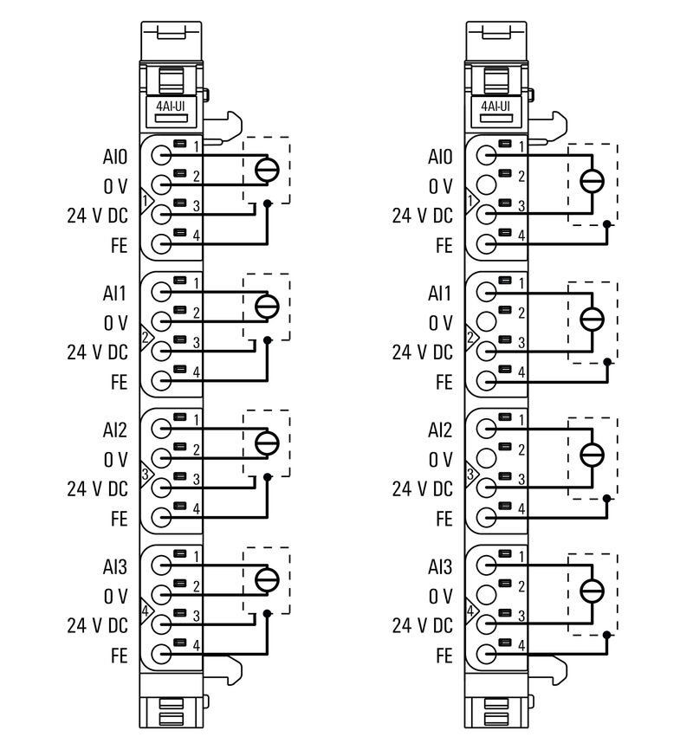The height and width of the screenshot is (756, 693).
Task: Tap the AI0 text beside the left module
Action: click(x=114, y=158)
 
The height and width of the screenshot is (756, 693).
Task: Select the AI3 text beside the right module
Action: click(x=440, y=567)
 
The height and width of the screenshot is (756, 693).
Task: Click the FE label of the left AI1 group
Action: click(x=119, y=381)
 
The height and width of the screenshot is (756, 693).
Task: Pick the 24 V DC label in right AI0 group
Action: click(x=422, y=216)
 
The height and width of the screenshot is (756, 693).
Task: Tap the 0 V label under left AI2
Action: click(x=115, y=460)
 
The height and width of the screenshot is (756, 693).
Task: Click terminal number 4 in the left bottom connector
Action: click(x=197, y=645)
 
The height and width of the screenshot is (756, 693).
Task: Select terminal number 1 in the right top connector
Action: click(x=521, y=145)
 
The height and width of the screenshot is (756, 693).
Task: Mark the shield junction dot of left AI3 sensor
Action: click(x=268, y=612)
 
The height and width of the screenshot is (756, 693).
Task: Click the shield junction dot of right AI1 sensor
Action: click(x=606, y=359)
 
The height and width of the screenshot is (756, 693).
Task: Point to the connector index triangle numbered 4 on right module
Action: click(x=471, y=611)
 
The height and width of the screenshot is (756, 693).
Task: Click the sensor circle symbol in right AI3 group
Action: click(x=592, y=591)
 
